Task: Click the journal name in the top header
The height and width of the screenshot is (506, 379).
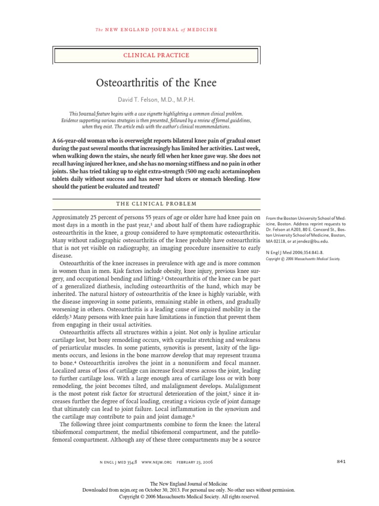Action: (x=156, y=30)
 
